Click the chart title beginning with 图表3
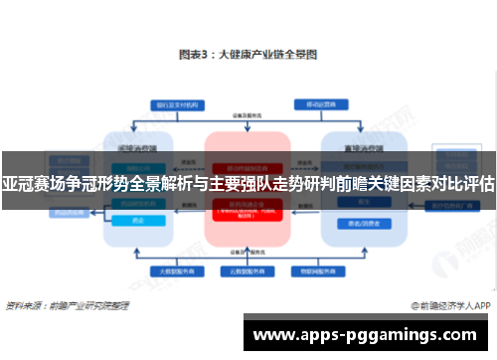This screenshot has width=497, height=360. tap(248, 55)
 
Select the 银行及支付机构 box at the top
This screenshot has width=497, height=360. tap(176, 104)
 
